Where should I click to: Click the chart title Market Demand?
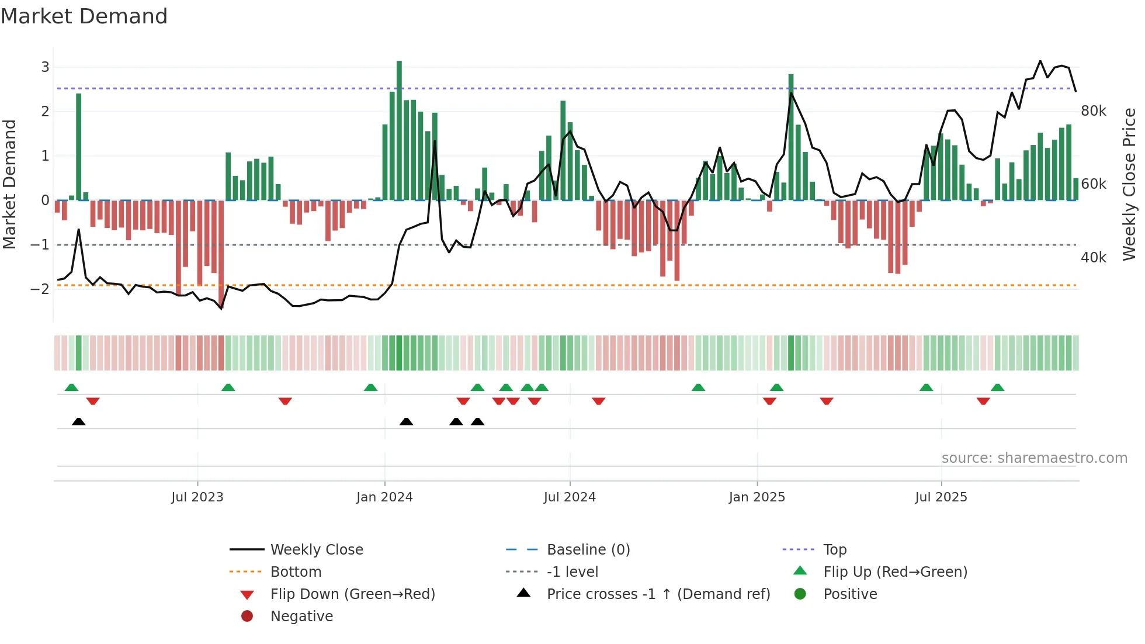pos(84,16)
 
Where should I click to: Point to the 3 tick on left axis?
pos(45,67)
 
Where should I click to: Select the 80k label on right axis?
pos(1094,111)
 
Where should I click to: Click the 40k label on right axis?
pos(1094,258)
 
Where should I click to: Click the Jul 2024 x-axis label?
pos(570,497)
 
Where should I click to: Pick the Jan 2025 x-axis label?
pos(757,497)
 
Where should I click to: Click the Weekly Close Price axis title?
pos(1129,184)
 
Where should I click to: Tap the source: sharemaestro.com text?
pos(1034,458)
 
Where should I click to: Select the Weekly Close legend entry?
pos(317,550)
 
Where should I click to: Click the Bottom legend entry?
pos(296,572)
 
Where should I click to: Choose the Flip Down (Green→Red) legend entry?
pos(352,594)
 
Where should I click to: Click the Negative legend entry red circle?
pos(247,617)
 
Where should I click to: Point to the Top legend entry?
pos(835,550)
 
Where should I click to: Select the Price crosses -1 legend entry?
pos(658,594)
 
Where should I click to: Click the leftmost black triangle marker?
pos(79,422)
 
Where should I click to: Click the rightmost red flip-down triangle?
pos(983,401)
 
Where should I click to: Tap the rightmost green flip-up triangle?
pos(998,387)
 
